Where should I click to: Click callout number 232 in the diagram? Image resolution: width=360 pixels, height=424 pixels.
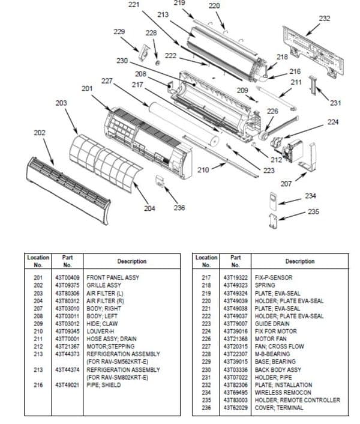324,19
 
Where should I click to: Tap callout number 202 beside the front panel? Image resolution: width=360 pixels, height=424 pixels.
39,133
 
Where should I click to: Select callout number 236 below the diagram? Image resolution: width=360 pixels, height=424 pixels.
179,208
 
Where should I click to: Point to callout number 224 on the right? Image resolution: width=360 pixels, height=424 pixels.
333,123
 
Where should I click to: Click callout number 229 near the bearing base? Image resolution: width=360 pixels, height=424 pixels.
119,31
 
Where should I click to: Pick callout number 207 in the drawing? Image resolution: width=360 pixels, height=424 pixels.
286,183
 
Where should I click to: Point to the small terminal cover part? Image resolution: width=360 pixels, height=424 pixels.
160,181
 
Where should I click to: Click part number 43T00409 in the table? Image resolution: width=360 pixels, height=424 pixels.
67,278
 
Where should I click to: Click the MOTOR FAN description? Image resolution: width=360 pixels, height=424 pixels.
271,339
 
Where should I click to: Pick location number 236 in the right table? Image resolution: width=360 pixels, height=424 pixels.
206,408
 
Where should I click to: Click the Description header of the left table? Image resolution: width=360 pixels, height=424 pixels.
132,261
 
